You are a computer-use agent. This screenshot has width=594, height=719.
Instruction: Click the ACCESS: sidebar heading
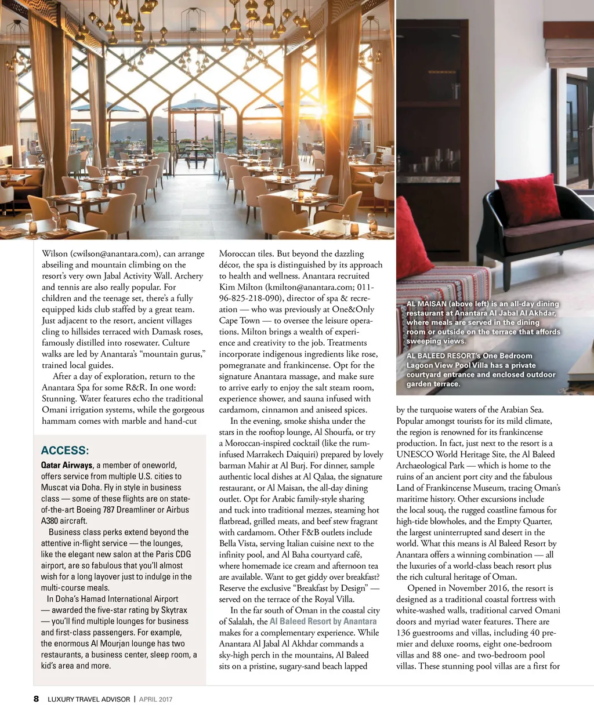[64, 451]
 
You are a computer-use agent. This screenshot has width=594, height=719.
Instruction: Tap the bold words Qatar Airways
[67, 465]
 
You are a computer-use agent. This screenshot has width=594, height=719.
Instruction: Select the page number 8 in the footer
[36, 699]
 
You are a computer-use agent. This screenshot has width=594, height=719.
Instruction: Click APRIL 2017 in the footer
[155, 699]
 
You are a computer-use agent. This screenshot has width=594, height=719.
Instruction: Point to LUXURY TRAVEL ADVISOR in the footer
[89, 699]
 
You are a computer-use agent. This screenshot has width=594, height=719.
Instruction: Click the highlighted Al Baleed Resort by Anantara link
[323, 622]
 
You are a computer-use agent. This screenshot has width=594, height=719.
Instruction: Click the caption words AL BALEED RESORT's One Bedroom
[469, 356]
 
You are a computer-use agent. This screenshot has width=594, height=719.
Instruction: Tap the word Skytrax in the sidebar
[173, 610]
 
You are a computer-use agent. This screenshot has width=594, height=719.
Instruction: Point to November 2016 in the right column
[477, 588]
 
